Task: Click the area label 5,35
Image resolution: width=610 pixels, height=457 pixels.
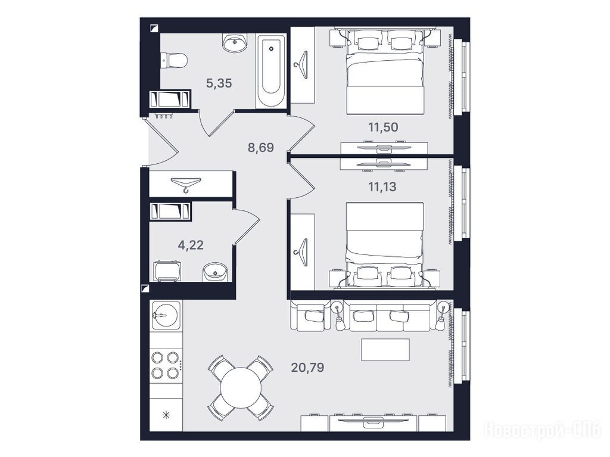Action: click(219, 83)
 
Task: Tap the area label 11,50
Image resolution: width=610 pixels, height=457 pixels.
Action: click(383, 128)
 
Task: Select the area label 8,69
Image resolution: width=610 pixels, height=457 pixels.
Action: click(261, 148)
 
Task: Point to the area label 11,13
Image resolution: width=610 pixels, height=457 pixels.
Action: click(382, 187)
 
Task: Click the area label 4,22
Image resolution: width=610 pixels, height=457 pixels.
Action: click(191, 245)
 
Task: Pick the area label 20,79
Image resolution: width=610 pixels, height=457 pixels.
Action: click(308, 368)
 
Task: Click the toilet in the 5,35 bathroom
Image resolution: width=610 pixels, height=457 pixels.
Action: click(174, 61)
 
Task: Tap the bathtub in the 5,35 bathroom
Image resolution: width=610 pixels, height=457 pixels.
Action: click(272, 71)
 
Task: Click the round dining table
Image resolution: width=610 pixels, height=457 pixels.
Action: click(241, 388)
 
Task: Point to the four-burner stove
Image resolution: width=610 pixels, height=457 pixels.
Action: click(166, 365)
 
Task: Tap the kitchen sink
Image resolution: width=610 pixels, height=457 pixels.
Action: click(166, 315)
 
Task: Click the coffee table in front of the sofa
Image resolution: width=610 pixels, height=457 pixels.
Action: click(385, 350)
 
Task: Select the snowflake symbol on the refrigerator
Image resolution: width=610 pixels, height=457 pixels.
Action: click(166, 415)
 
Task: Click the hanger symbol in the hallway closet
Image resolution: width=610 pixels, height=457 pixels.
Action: click(186, 184)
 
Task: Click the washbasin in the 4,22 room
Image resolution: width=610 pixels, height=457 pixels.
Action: click(215, 271)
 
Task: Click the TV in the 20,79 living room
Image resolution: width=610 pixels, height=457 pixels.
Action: click(374, 420)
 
